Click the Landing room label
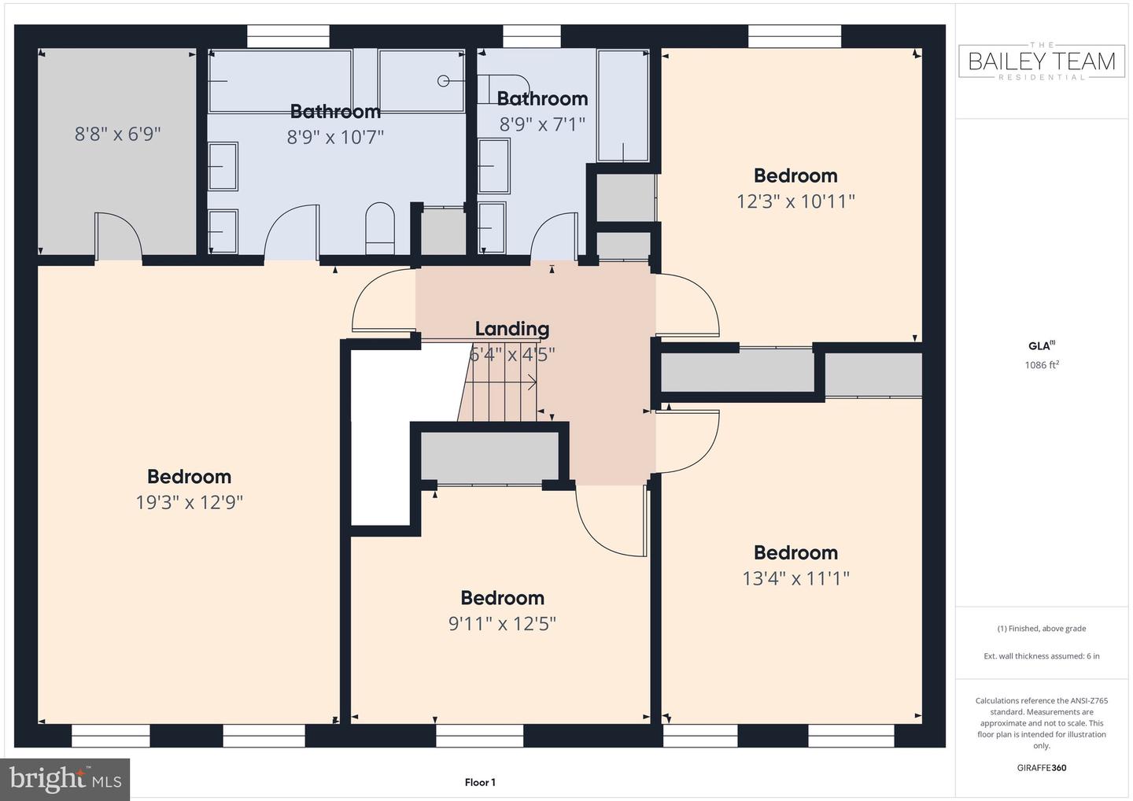tap(511, 329)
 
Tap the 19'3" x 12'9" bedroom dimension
tap(189, 503)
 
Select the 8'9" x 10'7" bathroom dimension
tap(335, 138)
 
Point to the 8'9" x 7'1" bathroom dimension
tap(542, 124)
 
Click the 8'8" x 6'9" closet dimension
tap(117, 134)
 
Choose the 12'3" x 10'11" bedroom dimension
tap(795, 201)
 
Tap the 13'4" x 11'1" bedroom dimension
tap(795, 578)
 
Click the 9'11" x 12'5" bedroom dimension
tap(502, 624)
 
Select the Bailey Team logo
tap(1042, 61)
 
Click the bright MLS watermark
tap(65, 779)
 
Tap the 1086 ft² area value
tap(1042, 365)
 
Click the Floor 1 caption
tap(480, 782)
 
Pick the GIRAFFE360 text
tap(1042, 768)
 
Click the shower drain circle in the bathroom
tap(444, 80)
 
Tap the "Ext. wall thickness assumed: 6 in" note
tap(1042, 656)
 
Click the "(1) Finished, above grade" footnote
tap(1042, 629)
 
